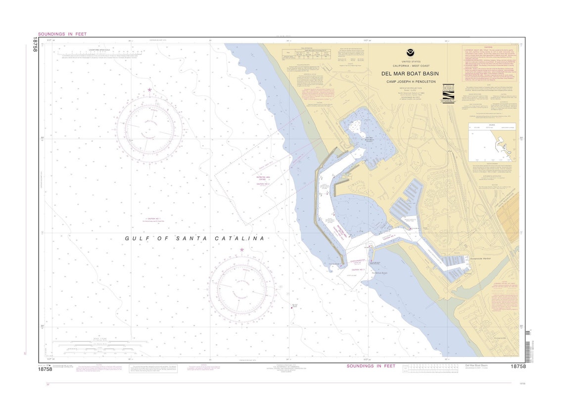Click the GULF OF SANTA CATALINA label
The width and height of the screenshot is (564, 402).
(194, 238)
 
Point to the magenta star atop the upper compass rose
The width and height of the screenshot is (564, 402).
(149, 90)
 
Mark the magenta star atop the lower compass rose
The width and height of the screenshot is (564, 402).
(242, 250)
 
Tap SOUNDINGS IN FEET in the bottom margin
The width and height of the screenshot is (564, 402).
(371, 366)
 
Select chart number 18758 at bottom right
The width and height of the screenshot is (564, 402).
(515, 366)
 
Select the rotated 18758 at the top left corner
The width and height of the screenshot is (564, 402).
(35, 46)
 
